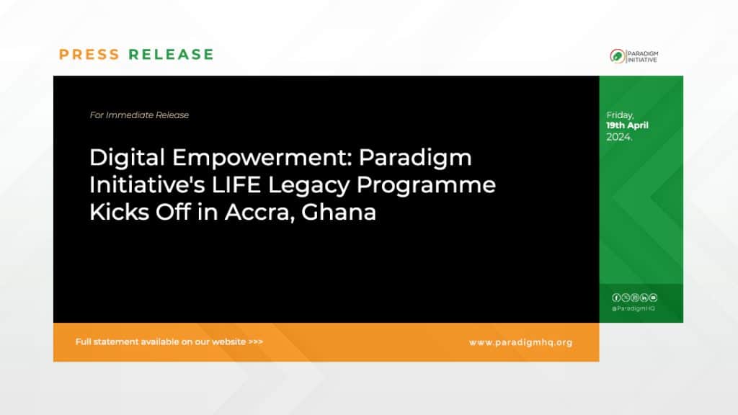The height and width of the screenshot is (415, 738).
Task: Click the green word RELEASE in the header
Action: point(171,55)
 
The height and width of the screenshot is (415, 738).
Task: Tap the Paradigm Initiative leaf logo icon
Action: point(618,55)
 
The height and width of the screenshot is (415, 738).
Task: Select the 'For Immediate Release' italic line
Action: point(139,115)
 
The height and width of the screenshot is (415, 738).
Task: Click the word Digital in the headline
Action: point(120,159)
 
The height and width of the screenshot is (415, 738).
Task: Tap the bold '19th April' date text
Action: point(627,125)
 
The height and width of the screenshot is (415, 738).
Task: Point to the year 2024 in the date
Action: point(618,136)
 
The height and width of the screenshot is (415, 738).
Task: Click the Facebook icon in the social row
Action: point(616,298)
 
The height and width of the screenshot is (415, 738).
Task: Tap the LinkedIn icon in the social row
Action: point(644,298)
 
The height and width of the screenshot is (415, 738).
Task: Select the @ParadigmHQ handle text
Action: point(633,308)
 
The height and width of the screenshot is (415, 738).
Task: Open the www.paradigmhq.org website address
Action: point(520,342)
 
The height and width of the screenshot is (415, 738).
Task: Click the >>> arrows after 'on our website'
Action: point(255,342)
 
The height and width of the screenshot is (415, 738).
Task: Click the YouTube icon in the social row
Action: point(654,298)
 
